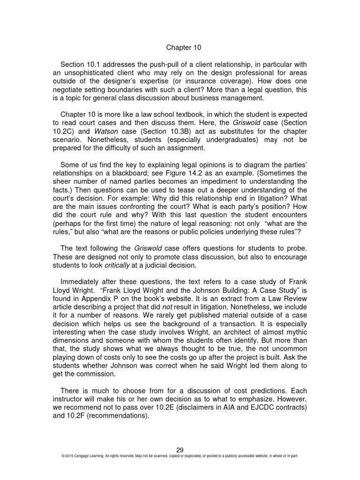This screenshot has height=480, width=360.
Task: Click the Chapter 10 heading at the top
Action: (180, 47)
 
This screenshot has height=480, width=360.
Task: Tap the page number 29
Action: (180, 450)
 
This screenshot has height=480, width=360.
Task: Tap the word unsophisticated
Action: (92, 73)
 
